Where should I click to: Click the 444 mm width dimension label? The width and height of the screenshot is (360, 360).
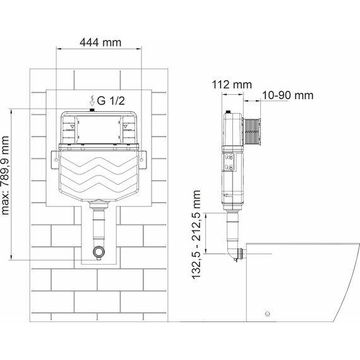click(x=101, y=42)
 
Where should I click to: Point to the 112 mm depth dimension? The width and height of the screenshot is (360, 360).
click(x=232, y=85)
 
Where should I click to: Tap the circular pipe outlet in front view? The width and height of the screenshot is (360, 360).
click(x=98, y=253)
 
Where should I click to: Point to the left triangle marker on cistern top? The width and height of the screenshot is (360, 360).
click(x=73, y=126)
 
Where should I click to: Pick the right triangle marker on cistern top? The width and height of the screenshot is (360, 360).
click(x=125, y=126)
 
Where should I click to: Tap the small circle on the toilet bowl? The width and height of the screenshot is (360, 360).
click(x=268, y=314)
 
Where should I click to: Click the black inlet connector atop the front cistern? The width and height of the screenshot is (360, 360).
click(x=92, y=111)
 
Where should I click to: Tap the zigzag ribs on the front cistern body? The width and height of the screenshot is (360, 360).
click(x=99, y=174)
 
